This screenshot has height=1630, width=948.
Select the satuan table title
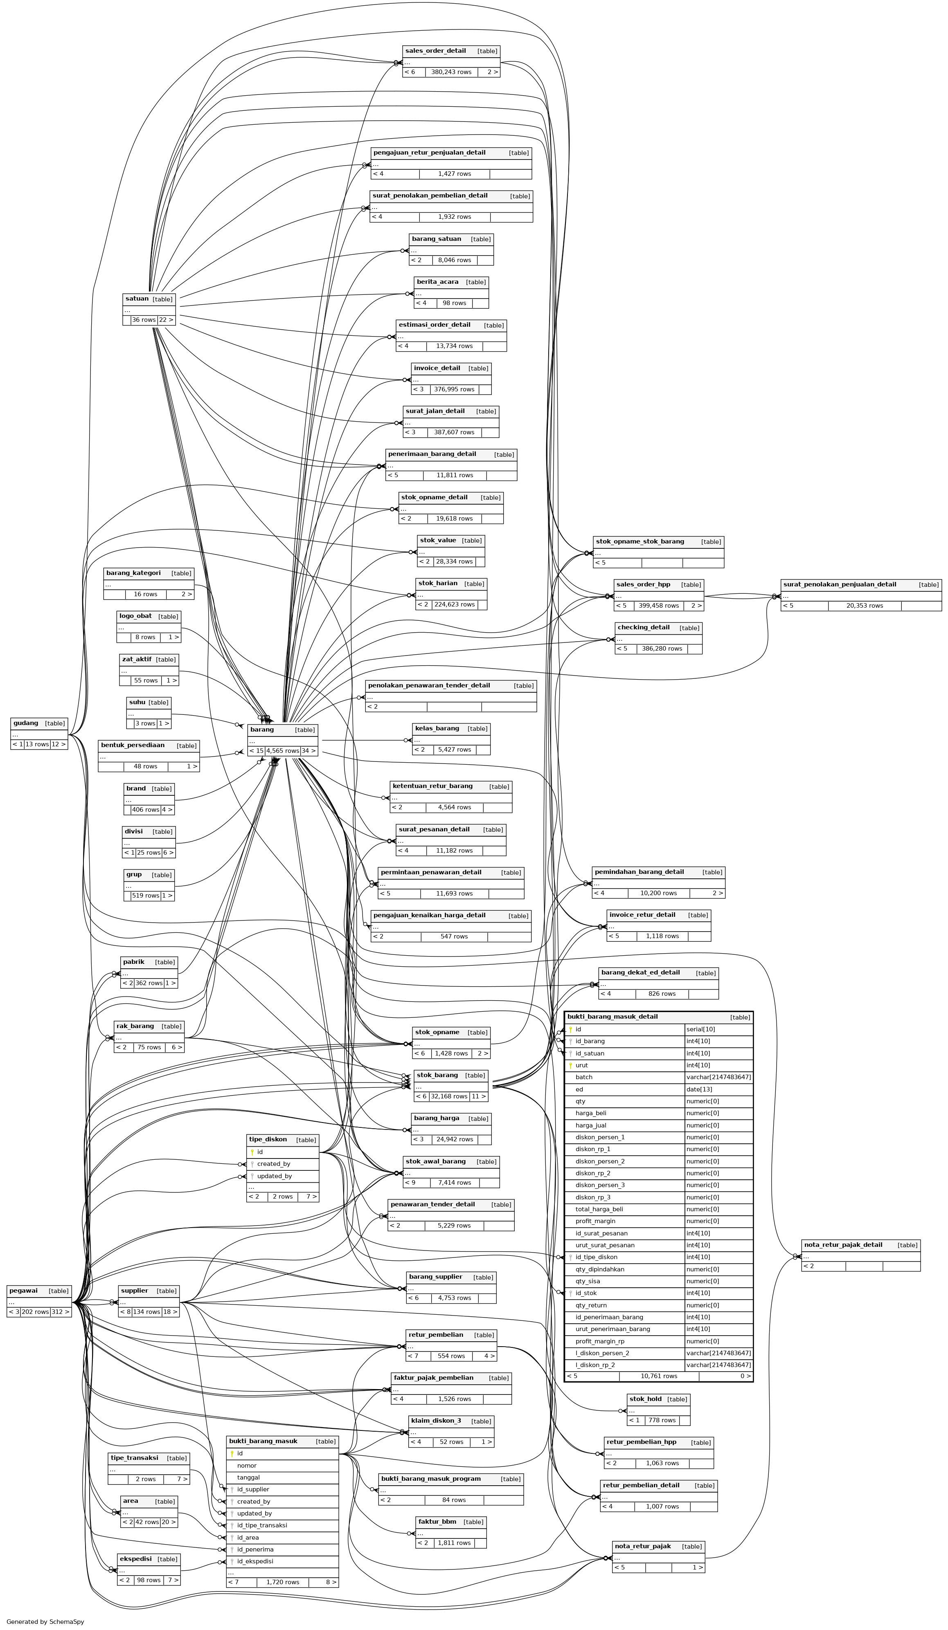pos(137,299)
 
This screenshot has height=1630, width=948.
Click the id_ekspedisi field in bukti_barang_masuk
pos(255,1561)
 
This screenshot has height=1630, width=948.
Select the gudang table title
pos(26,723)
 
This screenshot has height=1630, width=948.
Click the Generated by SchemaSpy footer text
pos(45,1621)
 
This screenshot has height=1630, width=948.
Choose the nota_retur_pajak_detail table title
pos(842,1244)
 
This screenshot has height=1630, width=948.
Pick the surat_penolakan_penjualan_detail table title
pos(839,584)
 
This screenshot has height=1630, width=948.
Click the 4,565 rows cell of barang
pos(282,751)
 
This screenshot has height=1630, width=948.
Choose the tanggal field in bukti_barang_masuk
pos(248,1477)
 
